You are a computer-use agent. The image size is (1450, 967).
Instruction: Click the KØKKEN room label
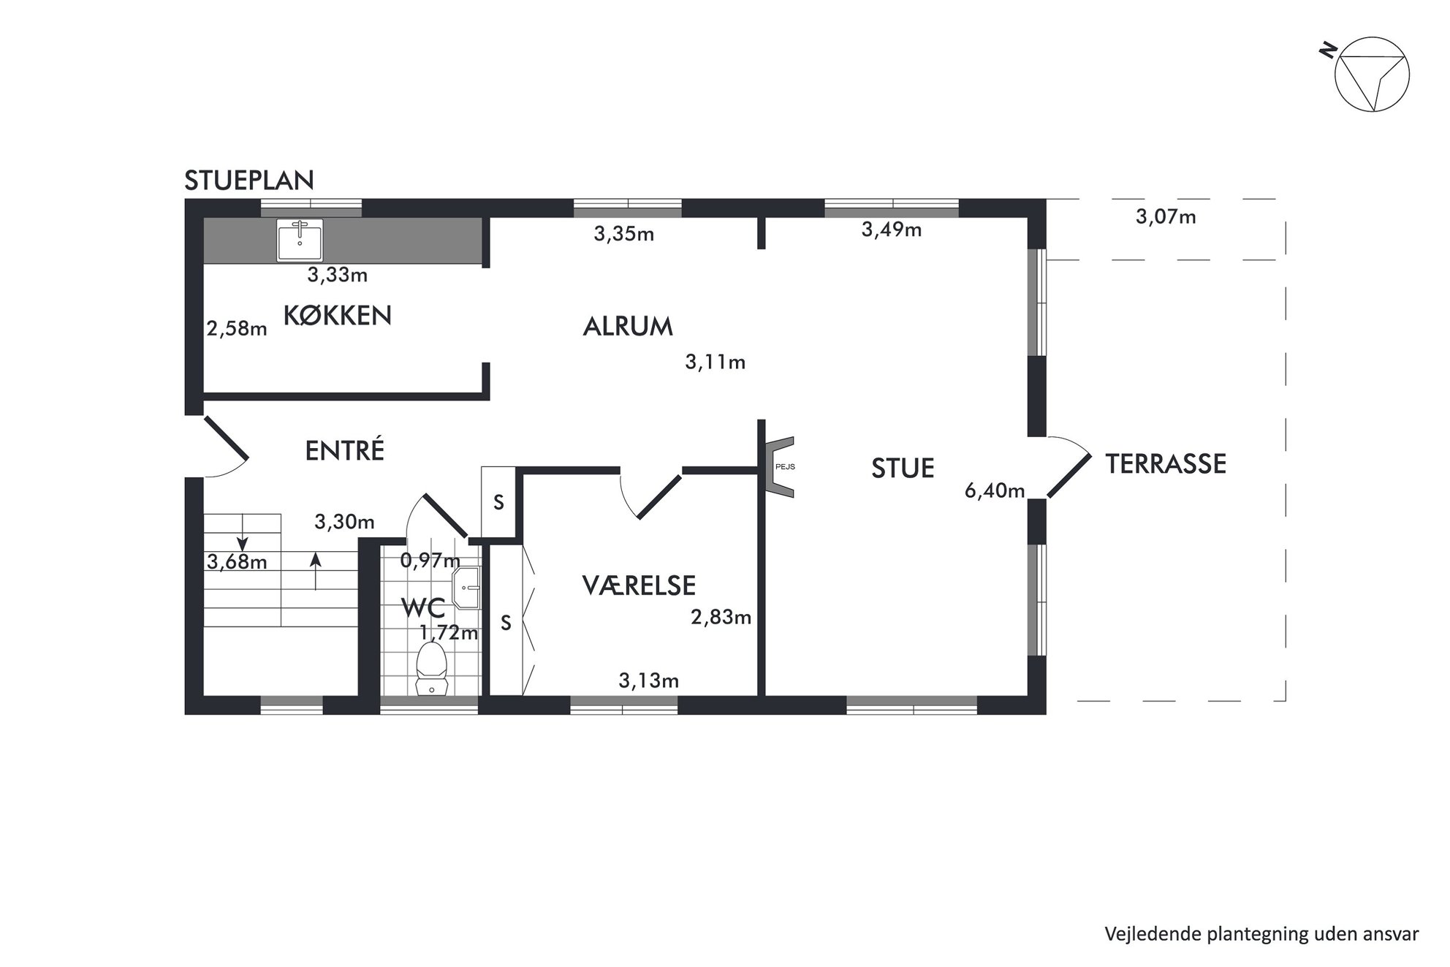pos(337,316)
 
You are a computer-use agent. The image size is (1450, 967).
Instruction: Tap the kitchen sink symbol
pos(300,239)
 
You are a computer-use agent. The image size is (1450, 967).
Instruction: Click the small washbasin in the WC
pos(466,587)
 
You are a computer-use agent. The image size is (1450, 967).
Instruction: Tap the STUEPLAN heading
pos(249,180)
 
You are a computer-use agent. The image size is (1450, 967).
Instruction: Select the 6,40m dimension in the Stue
pos(994,491)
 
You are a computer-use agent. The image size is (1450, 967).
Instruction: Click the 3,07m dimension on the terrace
pos(1166,217)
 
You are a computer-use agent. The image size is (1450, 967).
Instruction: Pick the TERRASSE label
pos(1166,464)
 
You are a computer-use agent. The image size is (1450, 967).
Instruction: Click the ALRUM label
pos(628,326)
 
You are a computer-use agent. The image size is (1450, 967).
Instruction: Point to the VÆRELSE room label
pos(639,585)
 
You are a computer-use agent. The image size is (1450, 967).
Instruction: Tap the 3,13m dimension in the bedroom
pos(649,681)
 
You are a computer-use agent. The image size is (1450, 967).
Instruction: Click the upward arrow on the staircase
pos(315,570)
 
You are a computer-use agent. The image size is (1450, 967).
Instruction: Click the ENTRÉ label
pos(344,451)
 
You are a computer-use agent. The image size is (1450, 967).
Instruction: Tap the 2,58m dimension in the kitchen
pos(237,329)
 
